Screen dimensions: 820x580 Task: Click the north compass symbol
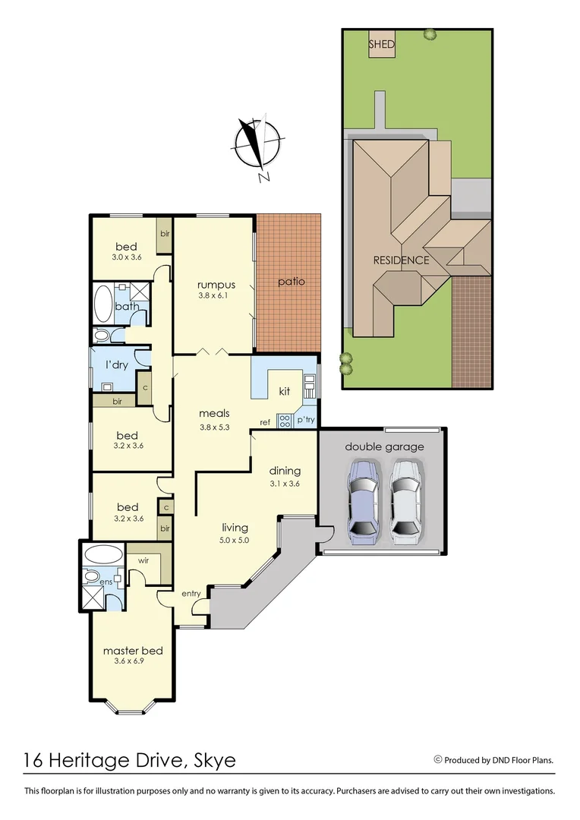[x=255, y=146]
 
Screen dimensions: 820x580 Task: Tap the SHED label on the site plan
[x=381, y=44]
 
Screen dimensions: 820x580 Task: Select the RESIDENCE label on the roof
[x=401, y=260]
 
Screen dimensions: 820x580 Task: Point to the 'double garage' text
[x=384, y=446]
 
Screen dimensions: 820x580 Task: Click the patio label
[x=291, y=281]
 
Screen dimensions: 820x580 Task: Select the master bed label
[x=133, y=651]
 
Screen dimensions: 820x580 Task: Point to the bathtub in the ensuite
[x=102, y=553]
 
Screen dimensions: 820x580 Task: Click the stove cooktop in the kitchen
[x=285, y=421]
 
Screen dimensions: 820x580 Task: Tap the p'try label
[x=306, y=420]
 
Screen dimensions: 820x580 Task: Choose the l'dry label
[x=117, y=364]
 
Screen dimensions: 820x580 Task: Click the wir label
[x=143, y=560]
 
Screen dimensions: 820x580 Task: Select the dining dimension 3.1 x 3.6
[x=285, y=484]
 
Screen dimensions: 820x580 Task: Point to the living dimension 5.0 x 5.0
[x=235, y=540]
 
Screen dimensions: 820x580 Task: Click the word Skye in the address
[x=215, y=760]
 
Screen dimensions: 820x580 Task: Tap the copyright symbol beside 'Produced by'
[x=438, y=759]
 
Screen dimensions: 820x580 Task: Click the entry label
[x=191, y=594]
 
